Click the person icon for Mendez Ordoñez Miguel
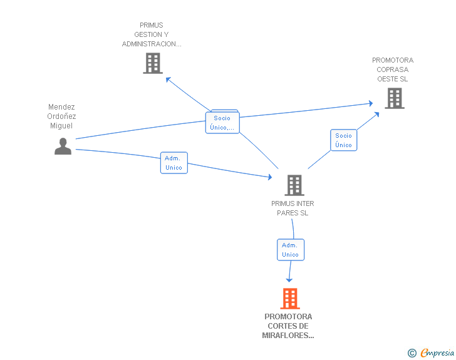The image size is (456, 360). pos(63,146)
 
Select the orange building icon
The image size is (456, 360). pos(289,299)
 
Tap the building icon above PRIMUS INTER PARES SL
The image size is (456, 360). pos(294,185)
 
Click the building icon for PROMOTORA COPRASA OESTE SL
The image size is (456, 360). pos(394,98)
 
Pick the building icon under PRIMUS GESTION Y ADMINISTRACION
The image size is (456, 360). pos(152,63)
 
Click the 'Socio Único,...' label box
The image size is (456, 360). pos(222,123)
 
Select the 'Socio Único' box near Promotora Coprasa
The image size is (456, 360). pos(343,140)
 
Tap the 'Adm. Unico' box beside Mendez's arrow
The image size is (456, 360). pos(174,163)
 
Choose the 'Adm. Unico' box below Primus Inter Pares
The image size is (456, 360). pos(290,250)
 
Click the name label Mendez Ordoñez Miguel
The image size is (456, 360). pos(61,116)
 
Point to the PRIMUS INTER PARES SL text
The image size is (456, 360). pos(293,208)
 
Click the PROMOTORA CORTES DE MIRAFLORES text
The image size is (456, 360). pos(288,326)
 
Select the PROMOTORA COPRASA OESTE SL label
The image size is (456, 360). pos(393,69)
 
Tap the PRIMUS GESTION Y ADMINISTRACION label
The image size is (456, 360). pos(152,35)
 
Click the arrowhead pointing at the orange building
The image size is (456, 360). pos(289,280)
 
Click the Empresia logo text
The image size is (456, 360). pos(437,353)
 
